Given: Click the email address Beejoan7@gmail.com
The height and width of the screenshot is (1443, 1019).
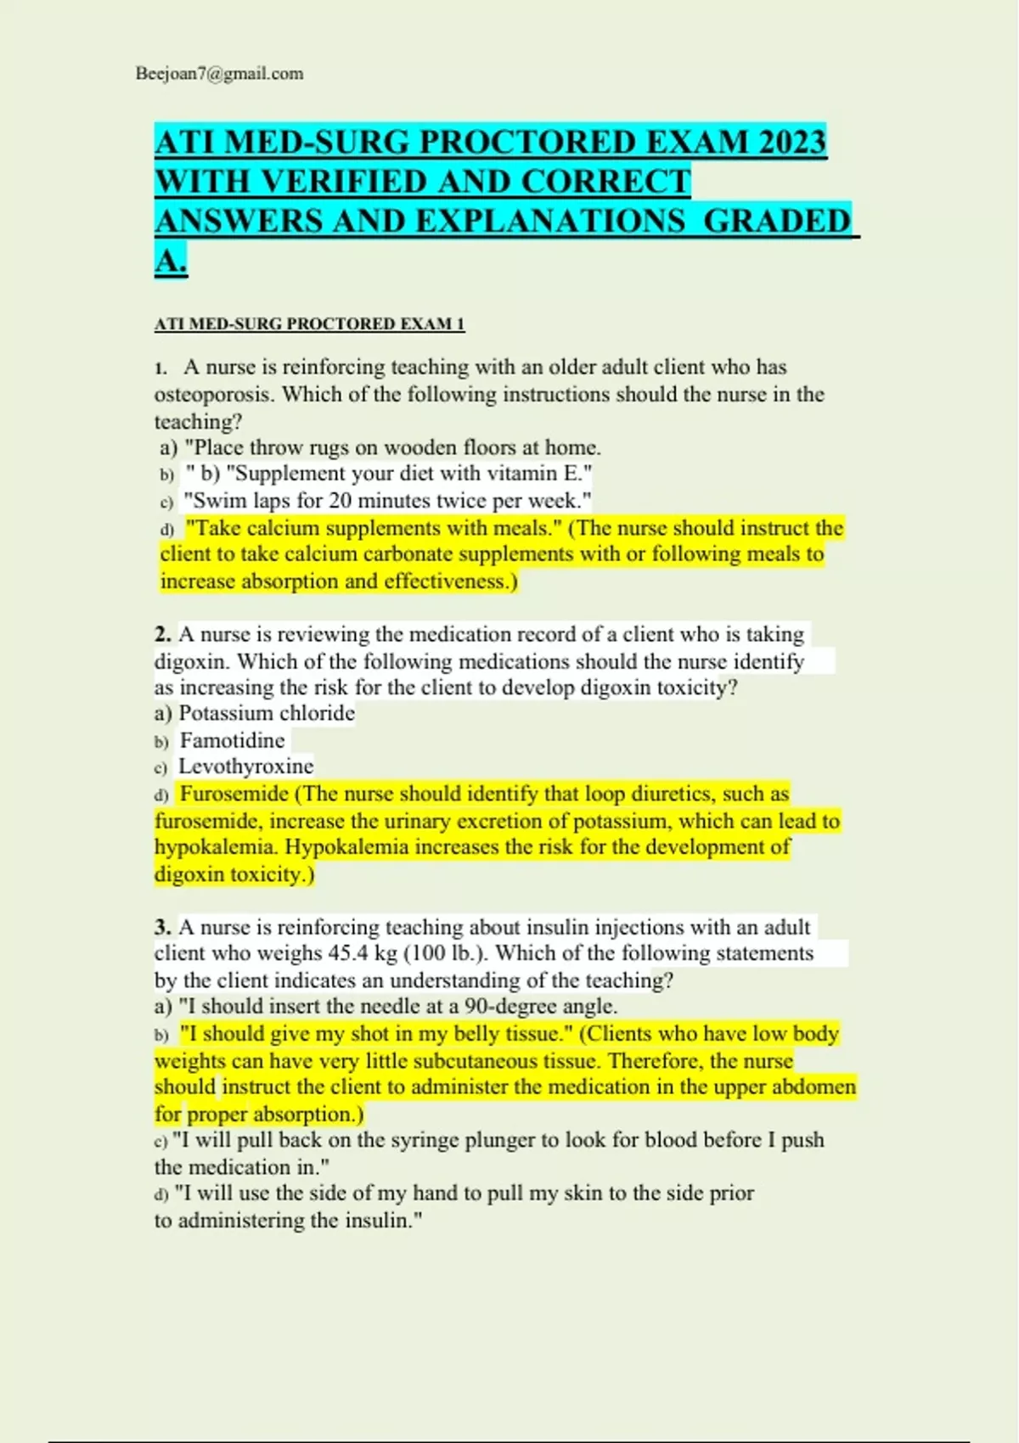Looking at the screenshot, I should click(x=219, y=74).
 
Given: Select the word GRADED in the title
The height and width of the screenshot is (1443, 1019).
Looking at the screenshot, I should click(x=777, y=221).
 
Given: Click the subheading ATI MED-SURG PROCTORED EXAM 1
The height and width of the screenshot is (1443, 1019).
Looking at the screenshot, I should click(x=309, y=324).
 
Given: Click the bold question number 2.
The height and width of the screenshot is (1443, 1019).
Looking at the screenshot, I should click(x=163, y=635).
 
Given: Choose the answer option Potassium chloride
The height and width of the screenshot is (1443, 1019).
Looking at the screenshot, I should click(x=266, y=713).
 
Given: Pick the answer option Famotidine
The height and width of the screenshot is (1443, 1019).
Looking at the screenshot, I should click(x=232, y=740).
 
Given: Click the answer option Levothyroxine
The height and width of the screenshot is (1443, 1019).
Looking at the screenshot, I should click(x=245, y=766).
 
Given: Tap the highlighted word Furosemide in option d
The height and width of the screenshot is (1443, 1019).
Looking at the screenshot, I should click(x=234, y=794).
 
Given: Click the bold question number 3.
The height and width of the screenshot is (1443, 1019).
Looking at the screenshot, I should click(x=163, y=927).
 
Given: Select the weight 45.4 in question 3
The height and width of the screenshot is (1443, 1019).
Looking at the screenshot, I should click(x=348, y=953).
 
